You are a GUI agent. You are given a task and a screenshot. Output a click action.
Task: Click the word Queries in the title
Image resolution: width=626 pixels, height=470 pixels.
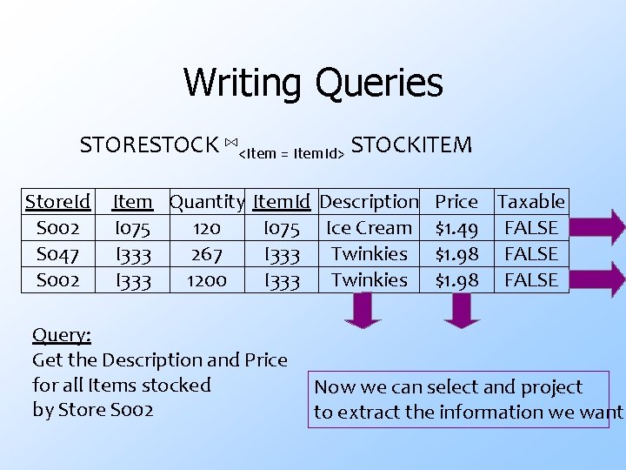point(378,84)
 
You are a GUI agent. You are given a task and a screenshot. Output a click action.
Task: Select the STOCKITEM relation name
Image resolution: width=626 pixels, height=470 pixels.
point(411,144)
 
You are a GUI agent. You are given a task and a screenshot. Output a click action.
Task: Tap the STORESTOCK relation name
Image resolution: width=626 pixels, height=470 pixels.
point(149,144)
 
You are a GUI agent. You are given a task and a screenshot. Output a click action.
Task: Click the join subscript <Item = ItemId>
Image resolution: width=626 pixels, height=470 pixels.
point(291,153)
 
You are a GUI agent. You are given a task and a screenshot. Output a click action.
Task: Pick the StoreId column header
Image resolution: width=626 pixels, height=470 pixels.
point(57,202)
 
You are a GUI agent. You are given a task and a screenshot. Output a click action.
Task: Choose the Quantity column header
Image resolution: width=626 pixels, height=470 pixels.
point(207,202)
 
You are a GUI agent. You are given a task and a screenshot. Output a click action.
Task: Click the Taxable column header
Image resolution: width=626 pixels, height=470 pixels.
point(530,202)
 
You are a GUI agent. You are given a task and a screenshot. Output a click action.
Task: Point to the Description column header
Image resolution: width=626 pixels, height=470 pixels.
point(369,202)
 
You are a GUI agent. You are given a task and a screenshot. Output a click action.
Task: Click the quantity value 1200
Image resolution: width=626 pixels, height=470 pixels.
point(207,280)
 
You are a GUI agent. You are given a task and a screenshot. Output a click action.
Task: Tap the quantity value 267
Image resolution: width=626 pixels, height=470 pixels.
point(207,254)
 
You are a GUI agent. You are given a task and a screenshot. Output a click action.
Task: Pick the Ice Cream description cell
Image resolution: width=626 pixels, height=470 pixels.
point(369,228)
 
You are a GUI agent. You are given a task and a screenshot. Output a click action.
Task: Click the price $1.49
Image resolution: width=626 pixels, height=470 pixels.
point(456,228)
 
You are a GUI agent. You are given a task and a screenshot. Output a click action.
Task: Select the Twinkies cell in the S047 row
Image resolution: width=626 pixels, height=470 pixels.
point(369,254)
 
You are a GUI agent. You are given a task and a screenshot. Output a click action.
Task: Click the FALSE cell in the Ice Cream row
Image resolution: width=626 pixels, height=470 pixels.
point(530,228)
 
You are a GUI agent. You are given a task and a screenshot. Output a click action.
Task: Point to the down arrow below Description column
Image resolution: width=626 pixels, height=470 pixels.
point(363,310)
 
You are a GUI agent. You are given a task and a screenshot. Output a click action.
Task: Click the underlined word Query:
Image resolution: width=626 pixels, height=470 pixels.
point(62,335)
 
